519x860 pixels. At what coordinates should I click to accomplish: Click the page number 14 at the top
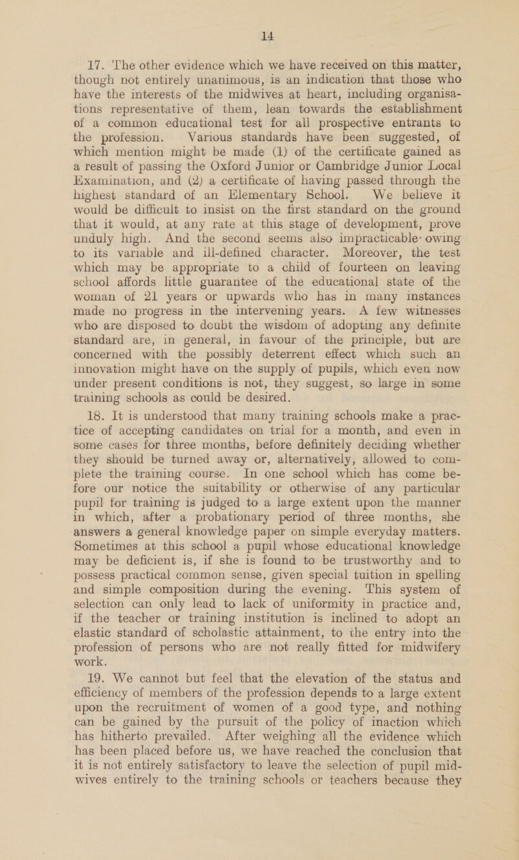[x=259, y=10]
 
